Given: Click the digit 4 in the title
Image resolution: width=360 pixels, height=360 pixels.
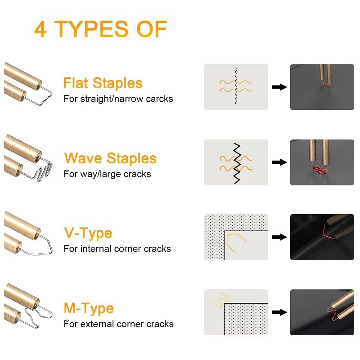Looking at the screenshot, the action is click(x=40, y=29).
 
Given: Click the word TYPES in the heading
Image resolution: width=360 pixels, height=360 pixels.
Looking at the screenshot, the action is click(x=91, y=29).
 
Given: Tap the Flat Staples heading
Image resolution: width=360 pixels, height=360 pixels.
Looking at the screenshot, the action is click(x=103, y=83).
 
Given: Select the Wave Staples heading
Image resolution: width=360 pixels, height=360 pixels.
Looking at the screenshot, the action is click(x=110, y=158).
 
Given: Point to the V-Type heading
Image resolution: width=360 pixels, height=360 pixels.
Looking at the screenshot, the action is click(x=88, y=234).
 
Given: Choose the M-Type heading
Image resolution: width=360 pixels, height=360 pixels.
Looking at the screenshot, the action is click(x=89, y=308).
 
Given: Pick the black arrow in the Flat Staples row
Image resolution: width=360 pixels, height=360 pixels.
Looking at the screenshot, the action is click(x=279, y=87).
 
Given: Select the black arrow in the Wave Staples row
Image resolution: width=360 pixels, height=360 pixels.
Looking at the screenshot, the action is click(x=279, y=162).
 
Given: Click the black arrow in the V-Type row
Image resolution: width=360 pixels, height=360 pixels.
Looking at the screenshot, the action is click(x=279, y=237).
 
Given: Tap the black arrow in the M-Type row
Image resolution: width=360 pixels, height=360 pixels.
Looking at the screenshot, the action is click(x=279, y=312).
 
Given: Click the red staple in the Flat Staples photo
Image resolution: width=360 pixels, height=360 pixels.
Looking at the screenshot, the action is click(x=326, y=84).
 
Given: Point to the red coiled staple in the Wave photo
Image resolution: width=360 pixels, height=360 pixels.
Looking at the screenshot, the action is click(x=319, y=170).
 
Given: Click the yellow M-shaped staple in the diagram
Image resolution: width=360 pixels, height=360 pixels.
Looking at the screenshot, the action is click(x=220, y=300).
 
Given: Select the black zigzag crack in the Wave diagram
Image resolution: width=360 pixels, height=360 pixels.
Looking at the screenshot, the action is click(x=237, y=163).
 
